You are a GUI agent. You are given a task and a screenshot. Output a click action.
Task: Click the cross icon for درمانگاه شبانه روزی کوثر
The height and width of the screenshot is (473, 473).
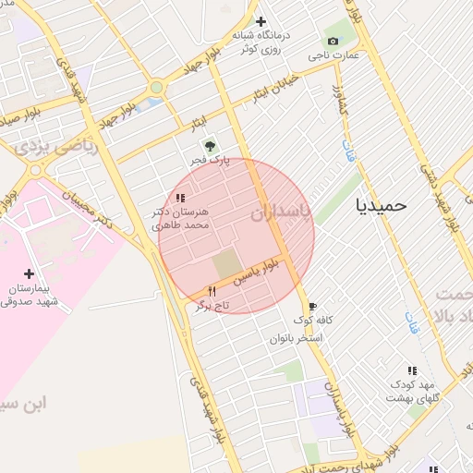click(x=261, y=21)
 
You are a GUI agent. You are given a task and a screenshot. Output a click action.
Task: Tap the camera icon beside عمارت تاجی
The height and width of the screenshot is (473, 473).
click(x=333, y=41)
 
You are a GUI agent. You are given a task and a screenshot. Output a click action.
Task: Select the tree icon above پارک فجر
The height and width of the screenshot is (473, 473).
click(x=210, y=145)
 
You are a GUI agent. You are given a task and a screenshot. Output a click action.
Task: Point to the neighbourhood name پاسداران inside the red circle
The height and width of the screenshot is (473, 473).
click(x=281, y=212)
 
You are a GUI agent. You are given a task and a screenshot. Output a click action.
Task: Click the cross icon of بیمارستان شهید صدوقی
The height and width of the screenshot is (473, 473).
click(x=29, y=273)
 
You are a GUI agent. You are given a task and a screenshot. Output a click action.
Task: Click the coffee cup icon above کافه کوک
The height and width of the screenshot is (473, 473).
click(x=312, y=306)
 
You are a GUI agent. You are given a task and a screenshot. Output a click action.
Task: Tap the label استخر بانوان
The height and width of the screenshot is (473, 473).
click(x=296, y=338)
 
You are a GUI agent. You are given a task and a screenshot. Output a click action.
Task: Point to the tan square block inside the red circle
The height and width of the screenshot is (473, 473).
click(x=225, y=264)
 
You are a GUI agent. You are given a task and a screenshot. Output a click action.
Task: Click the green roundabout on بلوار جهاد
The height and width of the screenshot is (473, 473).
click(x=156, y=88)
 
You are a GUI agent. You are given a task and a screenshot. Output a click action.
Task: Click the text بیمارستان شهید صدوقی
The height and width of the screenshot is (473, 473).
click(x=30, y=295)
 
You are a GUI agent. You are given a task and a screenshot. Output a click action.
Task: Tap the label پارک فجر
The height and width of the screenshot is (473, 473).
click(x=212, y=161)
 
